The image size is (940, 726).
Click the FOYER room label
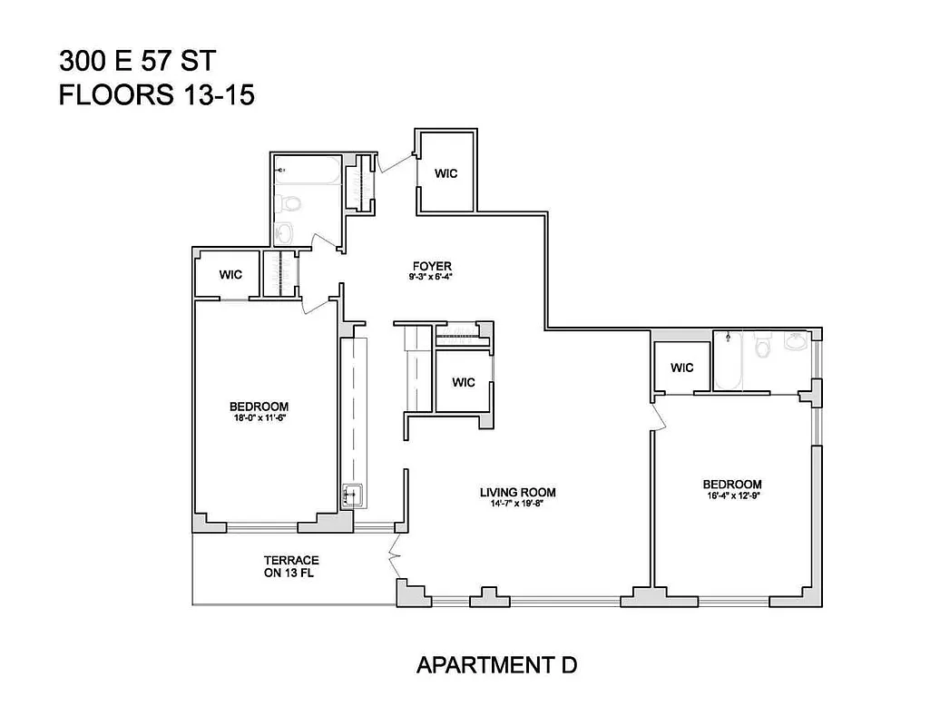pyautogui.click(x=430, y=266)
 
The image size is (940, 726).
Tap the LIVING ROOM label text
pyautogui.click(x=517, y=493)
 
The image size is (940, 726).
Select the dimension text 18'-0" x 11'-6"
pyautogui.click(x=259, y=418)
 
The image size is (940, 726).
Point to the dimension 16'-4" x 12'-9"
pyautogui.click(x=731, y=496)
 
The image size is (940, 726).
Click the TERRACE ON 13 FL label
pyautogui.click(x=291, y=566)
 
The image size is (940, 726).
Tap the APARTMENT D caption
pyautogui.click(x=496, y=665)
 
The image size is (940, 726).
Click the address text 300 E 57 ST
pyautogui.click(x=137, y=61)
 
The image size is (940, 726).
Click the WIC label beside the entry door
pyautogui.click(x=445, y=173)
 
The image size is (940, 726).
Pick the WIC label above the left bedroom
pyautogui.click(x=231, y=274)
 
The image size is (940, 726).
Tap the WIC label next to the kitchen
pyautogui.click(x=464, y=382)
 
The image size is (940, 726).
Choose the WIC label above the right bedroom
pyautogui.click(x=682, y=368)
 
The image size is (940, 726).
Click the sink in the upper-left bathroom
pyautogui.click(x=285, y=233)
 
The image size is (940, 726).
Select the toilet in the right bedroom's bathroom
pyautogui.click(x=763, y=345)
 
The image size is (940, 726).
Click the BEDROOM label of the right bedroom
pyautogui.click(x=731, y=485)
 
